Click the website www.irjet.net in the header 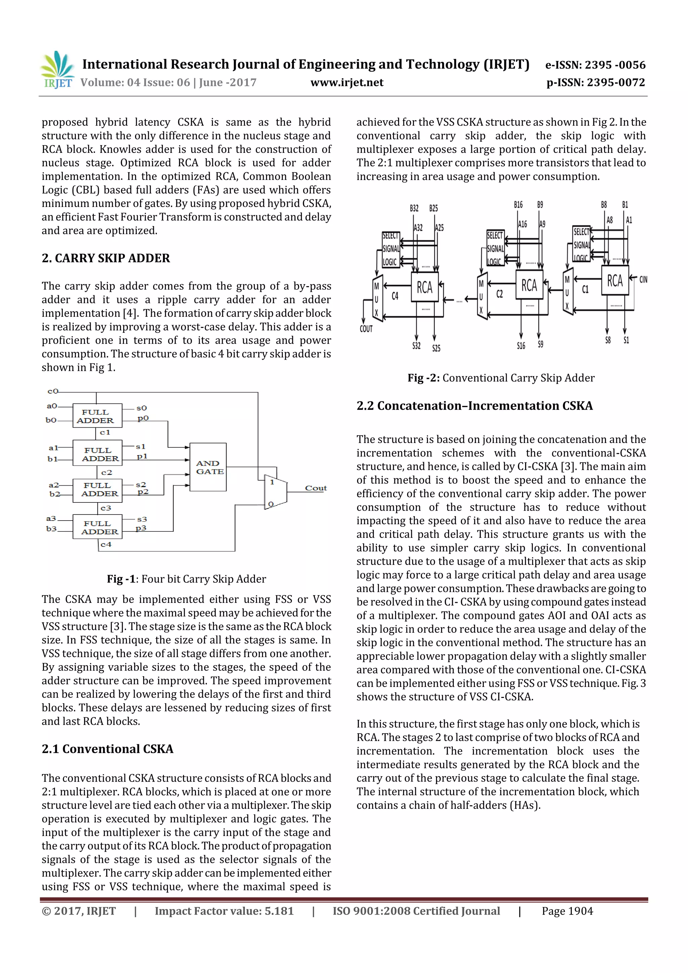coord(347,82)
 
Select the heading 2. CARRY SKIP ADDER coord(105,258)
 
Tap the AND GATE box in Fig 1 coord(208,467)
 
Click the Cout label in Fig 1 coord(316,488)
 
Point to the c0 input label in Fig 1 coord(52,391)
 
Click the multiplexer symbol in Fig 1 coord(275,492)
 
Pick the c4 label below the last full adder coord(106,544)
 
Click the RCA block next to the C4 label coord(424,287)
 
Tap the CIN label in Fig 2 coord(643,280)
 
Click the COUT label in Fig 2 coord(366,329)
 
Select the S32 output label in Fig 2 coord(416,346)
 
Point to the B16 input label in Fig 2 coord(518,205)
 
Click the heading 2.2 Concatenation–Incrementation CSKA coord(474,406)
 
